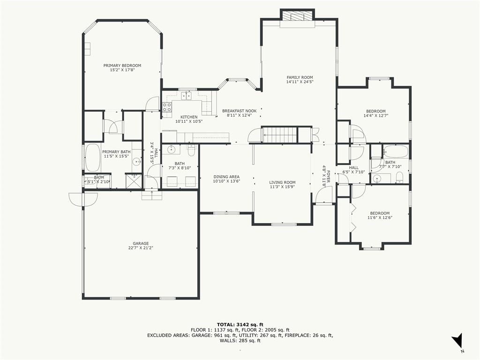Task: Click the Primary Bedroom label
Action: tap(122, 66)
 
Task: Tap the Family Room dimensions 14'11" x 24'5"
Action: tap(300, 82)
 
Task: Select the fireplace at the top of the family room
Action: tap(298, 16)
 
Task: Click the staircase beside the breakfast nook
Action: tap(280, 135)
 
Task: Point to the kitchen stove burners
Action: tap(167, 106)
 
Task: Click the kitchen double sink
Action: tap(186, 96)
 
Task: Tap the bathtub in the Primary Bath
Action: tap(93, 158)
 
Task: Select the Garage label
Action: tap(141, 244)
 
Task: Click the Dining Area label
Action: tap(226, 177)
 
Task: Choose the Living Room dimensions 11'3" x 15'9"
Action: tap(282, 187)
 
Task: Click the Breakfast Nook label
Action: tap(240, 111)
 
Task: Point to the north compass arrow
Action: tap(457, 340)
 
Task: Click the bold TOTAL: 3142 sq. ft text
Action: tap(240, 324)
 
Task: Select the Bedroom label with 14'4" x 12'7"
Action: tap(376, 111)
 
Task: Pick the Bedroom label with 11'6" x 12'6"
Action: tap(380, 213)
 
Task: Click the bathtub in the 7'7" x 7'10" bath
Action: tap(396, 151)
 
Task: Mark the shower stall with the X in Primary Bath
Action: tap(134, 181)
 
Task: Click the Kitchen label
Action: tap(189, 117)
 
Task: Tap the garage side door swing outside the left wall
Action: tap(83, 199)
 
